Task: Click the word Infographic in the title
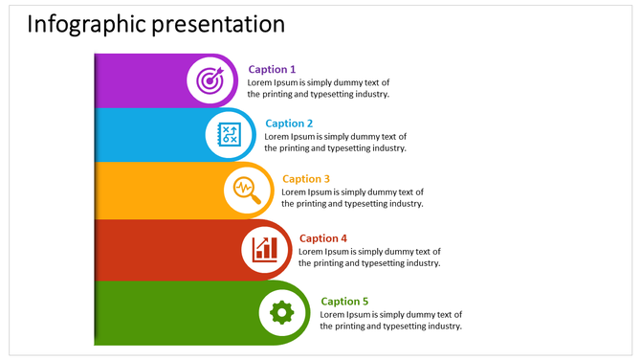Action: (84, 24)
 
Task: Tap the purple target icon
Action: (211, 80)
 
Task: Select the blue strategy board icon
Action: (230, 135)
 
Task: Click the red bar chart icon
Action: (265, 248)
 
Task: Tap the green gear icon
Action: (282, 311)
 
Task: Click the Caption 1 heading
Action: (272, 69)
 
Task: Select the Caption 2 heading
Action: (289, 124)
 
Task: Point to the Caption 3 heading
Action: (306, 179)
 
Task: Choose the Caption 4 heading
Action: (323, 238)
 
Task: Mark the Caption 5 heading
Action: (344, 302)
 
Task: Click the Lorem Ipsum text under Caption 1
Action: (319, 88)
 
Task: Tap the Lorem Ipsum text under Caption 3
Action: (352, 197)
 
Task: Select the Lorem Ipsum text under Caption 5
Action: (390, 320)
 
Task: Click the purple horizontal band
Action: (139, 80)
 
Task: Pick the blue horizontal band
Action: (148, 135)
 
